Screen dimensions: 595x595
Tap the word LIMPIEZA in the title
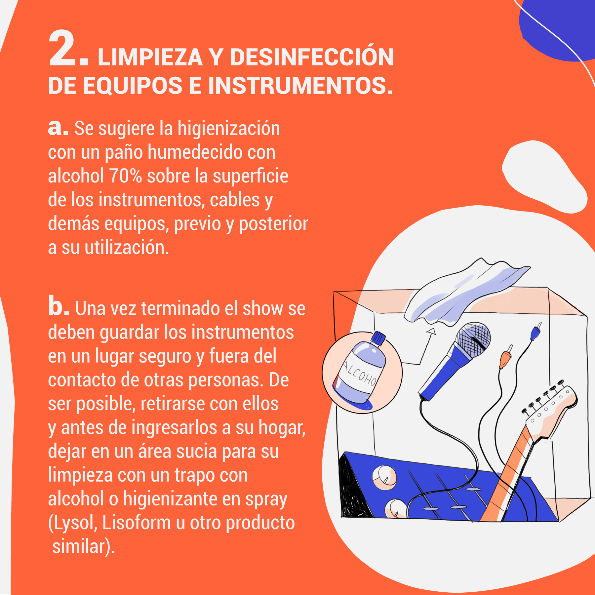click(150, 58)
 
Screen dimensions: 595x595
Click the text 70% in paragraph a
click(126, 176)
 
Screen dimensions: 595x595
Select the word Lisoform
click(137, 523)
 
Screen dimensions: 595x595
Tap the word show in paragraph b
click(263, 308)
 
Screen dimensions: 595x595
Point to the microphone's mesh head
click(473, 339)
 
